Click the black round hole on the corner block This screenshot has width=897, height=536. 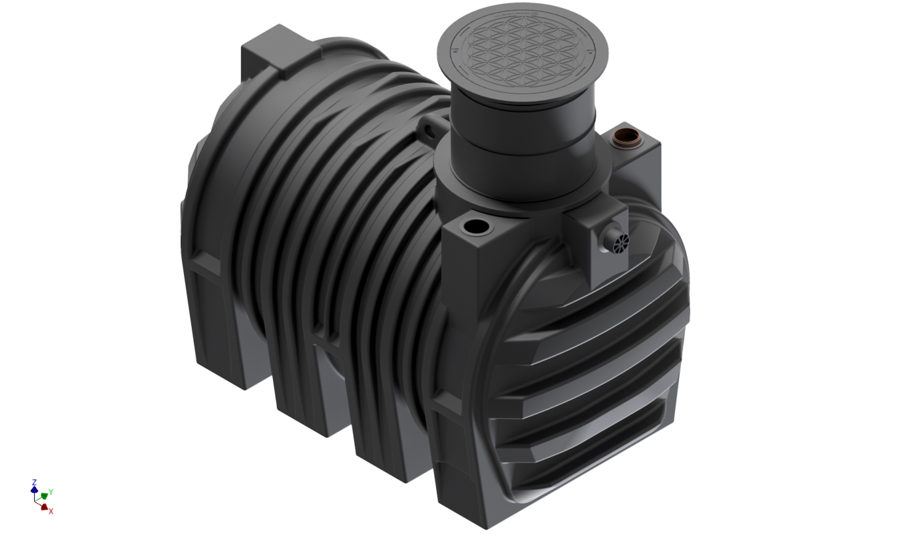[474, 227]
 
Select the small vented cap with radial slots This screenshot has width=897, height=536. [619, 242]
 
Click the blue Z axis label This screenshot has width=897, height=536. [34, 482]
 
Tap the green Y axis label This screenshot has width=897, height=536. [51, 491]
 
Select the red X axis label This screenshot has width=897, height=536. [50, 511]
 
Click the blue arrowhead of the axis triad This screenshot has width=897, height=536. [34, 489]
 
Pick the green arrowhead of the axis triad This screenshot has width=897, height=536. [45, 495]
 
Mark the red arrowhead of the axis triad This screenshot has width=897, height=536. [44, 507]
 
